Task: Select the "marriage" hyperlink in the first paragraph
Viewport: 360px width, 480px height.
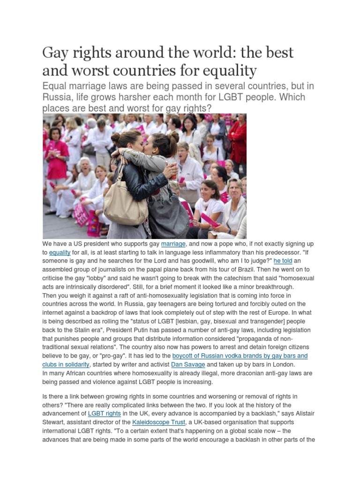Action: tap(173, 244)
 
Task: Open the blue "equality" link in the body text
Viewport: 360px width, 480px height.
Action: tap(60, 252)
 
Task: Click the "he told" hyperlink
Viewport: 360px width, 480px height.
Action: tap(283, 261)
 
